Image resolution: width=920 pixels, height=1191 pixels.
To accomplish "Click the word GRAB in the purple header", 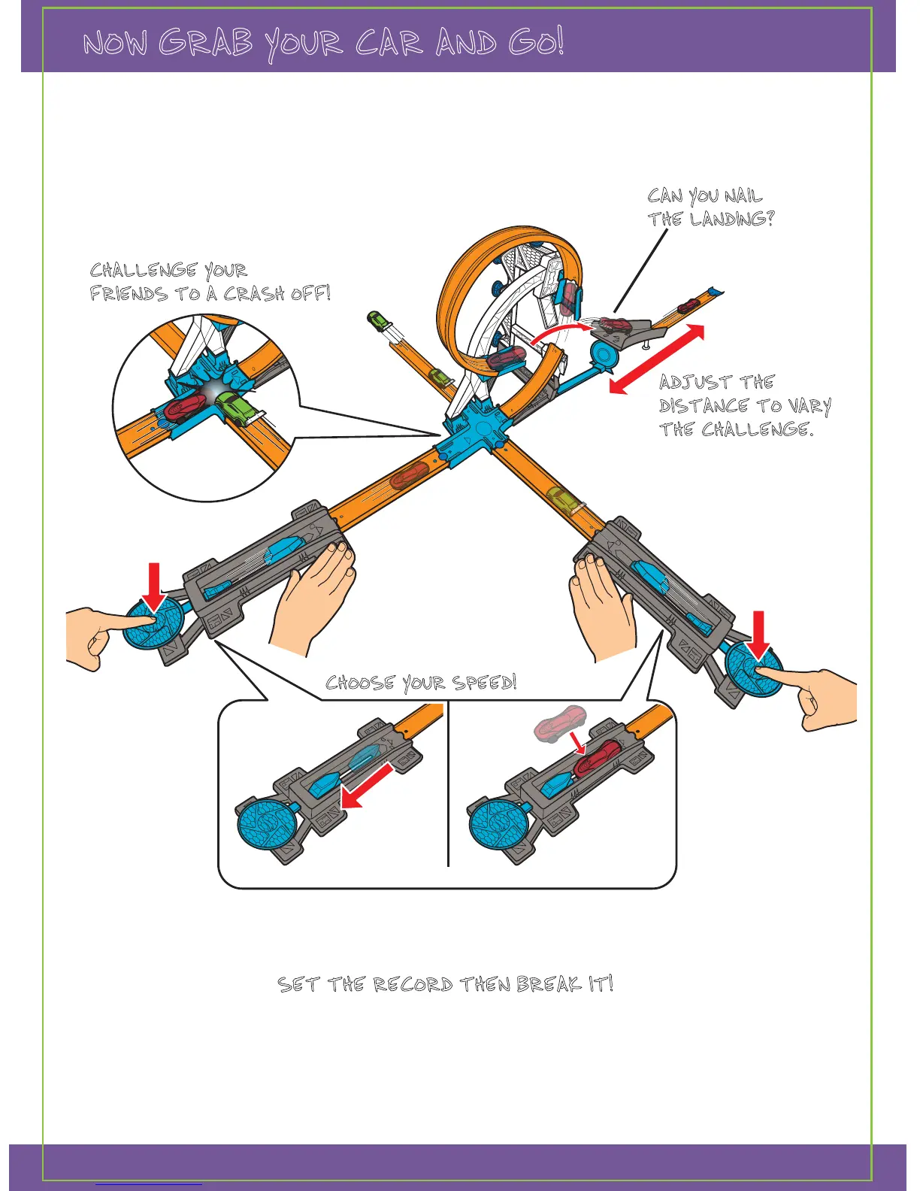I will coord(205,43).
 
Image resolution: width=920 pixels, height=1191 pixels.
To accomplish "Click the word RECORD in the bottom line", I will coord(413,984).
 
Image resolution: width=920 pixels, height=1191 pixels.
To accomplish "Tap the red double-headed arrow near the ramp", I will coord(656,359).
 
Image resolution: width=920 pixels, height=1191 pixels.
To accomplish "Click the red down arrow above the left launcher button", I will coord(154,586).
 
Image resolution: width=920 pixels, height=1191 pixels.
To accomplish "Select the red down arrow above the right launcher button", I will coord(758,635).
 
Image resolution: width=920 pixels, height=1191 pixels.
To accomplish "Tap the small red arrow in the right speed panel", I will coord(577,743).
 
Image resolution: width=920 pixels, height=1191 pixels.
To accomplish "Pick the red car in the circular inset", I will coord(185,408).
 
